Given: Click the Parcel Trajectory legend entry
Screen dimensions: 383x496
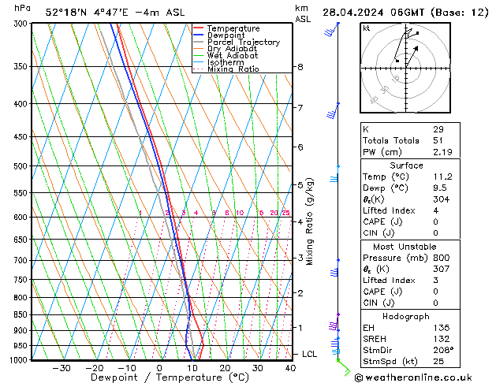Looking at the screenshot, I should [243, 42].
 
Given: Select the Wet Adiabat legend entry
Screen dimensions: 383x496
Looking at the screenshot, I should [233, 56].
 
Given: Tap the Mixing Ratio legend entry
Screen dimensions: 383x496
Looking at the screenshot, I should [233, 69].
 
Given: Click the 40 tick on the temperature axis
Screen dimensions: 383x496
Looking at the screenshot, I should [290, 368].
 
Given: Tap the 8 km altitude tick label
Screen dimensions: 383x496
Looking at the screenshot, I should [300, 67].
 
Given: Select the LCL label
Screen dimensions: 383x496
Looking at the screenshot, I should [309, 354].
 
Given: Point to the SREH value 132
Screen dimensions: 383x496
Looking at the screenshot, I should [440, 339].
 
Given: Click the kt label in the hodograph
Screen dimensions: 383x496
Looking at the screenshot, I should [367, 28].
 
